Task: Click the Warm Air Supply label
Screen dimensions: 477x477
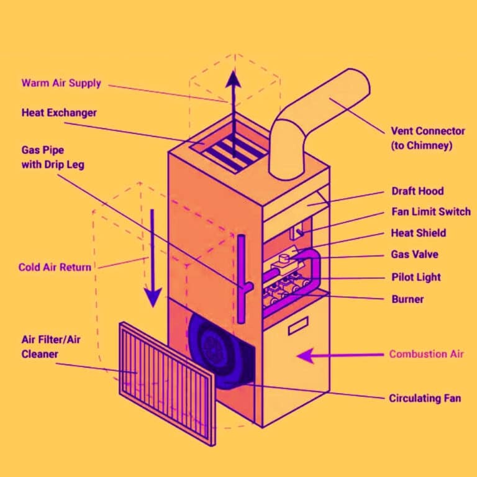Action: (61, 83)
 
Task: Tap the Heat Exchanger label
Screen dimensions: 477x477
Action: (59, 113)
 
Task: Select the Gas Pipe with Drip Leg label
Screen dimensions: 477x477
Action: (53, 158)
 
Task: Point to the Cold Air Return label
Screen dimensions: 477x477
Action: (55, 267)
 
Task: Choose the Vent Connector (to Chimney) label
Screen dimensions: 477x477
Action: (427, 139)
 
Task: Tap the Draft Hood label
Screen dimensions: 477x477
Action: (417, 191)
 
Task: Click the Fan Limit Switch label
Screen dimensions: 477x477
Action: (430, 212)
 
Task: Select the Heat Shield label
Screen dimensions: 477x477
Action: (418, 233)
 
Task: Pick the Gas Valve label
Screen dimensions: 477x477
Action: (414, 255)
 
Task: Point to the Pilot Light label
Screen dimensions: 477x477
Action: (416, 277)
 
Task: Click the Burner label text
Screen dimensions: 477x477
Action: (407, 299)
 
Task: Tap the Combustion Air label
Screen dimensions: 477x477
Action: (426, 354)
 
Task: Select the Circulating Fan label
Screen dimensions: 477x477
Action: (425, 397)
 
